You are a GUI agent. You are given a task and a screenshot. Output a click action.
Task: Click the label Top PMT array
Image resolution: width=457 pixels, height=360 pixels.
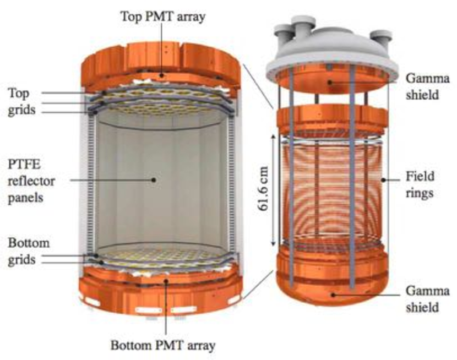[163, 17]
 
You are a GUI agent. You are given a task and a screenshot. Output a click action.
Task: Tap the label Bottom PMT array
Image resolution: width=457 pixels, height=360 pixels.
[163, 346]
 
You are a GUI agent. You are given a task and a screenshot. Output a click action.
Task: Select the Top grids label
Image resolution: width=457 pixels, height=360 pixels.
[21, 102]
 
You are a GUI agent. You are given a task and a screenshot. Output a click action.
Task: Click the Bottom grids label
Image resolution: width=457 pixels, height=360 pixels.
[29, 252]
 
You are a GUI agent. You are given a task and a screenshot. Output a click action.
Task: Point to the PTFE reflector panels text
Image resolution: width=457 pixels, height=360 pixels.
[31, 181]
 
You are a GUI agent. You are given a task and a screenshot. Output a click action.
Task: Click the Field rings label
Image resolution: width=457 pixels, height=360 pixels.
[420, 184]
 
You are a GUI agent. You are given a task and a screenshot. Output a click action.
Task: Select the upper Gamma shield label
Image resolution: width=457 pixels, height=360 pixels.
[428, 86]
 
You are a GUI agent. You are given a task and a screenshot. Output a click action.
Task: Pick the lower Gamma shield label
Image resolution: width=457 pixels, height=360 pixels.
[428, 299]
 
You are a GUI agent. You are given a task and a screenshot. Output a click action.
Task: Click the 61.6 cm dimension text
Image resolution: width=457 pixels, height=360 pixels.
[263, 189]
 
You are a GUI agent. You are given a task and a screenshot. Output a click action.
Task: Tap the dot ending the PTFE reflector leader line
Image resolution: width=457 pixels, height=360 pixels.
[154, 179]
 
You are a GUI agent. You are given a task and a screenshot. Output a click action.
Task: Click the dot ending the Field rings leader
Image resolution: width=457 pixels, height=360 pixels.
[383, 180]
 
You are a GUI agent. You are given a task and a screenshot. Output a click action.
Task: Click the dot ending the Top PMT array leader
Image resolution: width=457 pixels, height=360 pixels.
[161, 75]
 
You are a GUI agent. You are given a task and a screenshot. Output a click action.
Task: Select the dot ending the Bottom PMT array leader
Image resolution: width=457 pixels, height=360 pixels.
[166, 281]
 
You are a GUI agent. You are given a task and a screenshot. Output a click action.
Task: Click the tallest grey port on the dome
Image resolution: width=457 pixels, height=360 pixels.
[304, 28]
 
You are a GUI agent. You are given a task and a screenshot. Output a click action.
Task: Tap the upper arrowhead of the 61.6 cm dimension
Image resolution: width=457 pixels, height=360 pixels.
[273, 137]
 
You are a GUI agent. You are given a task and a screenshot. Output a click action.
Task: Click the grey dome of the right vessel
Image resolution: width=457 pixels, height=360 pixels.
[331, 56]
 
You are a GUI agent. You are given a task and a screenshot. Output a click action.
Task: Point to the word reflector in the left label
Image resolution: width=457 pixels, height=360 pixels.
[31, 182]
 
